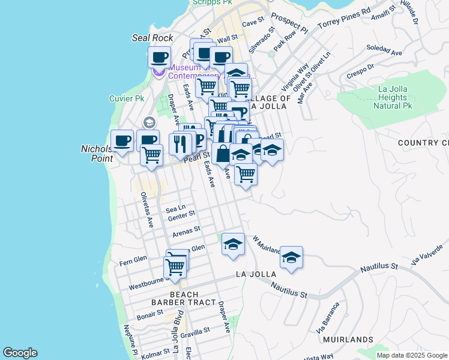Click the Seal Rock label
click(x=152, y=38)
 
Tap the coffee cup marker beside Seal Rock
click(x=159, y=58)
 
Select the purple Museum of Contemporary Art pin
click(x=158, y=73)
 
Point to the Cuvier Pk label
click(x=127, y=98)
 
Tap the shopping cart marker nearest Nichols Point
click(x=151, y=155)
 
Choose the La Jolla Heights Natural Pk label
click(x=393, y=97)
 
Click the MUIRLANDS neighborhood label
click(x=348, y=340)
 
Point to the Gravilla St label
click(x=195, y=331)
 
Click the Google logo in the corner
click(x=20, y=353)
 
